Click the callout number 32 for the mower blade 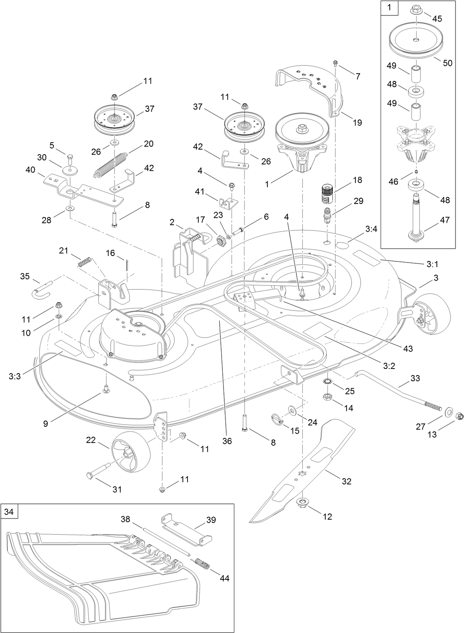tap(347, 481)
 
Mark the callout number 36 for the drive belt tap(227, 441)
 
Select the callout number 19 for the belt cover tap(357, 123)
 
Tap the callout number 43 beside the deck tap(408, 348)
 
